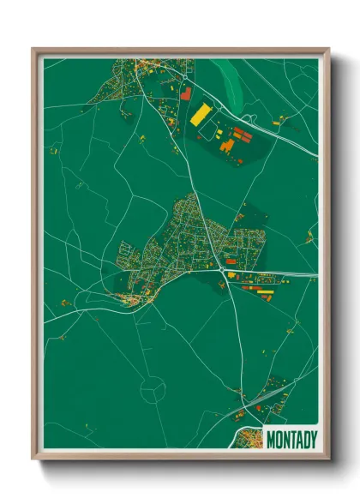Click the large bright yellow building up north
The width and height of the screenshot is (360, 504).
tap(201, 114)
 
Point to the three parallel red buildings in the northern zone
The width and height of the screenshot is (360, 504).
tap(243, 135)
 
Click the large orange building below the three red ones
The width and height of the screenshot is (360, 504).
tap(229, 147)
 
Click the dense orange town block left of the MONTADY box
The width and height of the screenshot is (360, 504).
tap(250, 440)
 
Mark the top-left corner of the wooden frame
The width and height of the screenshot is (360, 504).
tap(33, 50)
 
